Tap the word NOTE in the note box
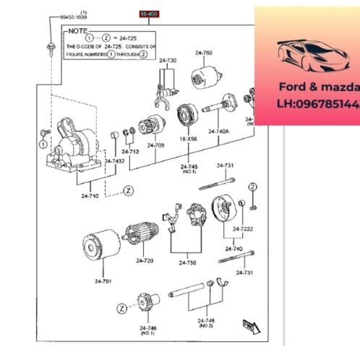77,32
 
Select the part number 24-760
203,53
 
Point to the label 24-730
168,60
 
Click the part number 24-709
155,145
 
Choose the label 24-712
130,152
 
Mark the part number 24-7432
114,160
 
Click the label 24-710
90,196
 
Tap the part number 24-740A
218,132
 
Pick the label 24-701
103,280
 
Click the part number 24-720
145,260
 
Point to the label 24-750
188,263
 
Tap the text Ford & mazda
318,87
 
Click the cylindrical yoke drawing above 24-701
99,247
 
